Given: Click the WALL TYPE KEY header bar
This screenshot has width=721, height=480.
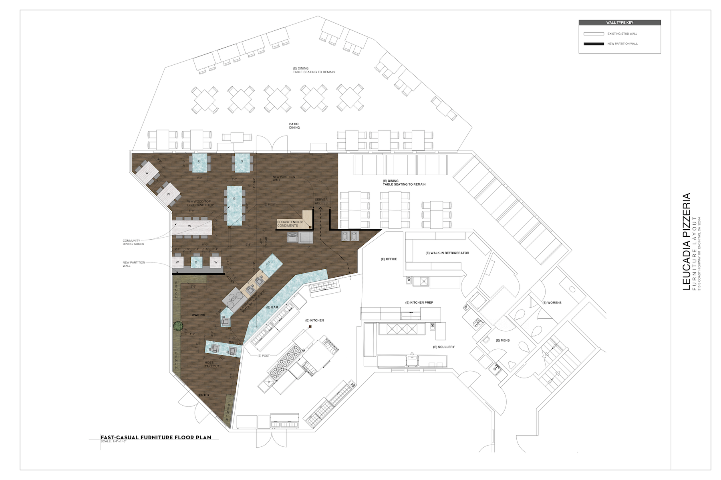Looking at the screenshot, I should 619,22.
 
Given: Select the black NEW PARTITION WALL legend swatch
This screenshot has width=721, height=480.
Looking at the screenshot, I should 594,44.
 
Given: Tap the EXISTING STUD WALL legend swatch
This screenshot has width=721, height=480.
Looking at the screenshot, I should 594,34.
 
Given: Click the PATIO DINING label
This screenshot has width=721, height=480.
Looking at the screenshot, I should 294,126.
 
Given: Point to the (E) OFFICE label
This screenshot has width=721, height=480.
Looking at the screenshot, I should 389,259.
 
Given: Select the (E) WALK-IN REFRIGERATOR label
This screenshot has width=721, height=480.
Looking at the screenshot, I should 447,253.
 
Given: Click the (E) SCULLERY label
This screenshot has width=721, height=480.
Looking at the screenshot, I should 444,347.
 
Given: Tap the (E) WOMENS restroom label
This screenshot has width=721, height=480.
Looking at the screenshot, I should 552,302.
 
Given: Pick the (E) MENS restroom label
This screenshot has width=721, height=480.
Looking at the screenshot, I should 503,340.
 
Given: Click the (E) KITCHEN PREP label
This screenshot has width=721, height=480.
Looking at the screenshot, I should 419,302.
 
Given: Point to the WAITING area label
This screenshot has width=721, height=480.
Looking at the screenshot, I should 198,315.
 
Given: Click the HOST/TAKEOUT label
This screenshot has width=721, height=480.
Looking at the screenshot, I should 212,364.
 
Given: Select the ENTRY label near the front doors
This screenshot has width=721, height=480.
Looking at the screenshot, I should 204,395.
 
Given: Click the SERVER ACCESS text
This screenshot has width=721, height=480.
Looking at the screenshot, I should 321,201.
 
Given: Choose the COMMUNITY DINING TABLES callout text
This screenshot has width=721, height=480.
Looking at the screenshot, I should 133,242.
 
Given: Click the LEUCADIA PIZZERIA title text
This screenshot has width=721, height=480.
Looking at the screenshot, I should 686,242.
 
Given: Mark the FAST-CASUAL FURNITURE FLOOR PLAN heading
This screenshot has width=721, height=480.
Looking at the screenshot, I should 156,437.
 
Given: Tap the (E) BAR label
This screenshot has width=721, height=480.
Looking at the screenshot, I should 272,307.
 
